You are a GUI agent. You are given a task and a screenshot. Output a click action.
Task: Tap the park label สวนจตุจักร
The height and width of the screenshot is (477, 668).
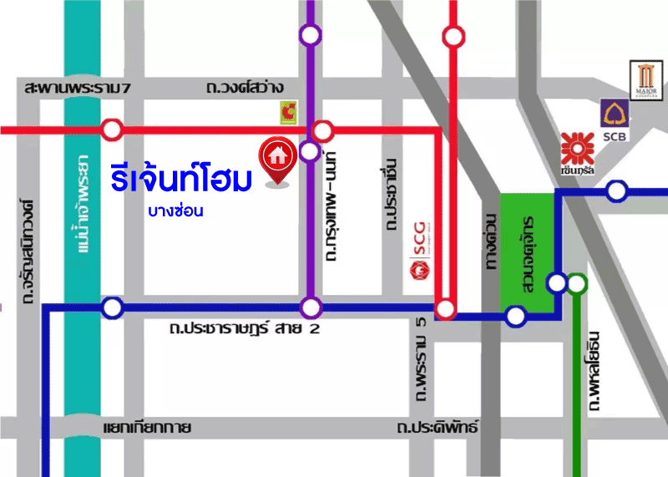[527, 251]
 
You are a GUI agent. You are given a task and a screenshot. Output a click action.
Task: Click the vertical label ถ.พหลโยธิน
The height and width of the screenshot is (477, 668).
[595, 368]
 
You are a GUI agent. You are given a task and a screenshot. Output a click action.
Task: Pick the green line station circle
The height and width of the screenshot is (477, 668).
[576, 285]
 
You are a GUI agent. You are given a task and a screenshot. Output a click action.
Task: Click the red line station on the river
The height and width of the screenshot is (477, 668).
[112, 129]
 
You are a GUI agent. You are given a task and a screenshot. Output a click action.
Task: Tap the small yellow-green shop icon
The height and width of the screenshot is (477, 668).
[290, 111]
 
